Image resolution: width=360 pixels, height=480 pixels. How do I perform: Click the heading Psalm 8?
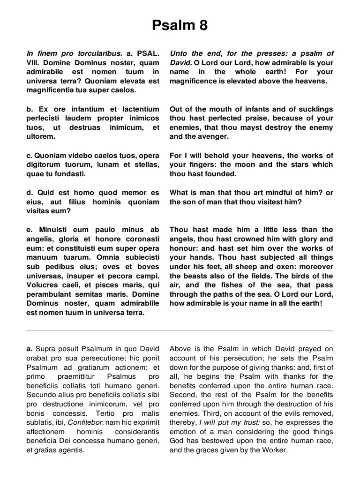coord(180,25)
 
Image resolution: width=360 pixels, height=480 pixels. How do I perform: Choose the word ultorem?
coord(41,136)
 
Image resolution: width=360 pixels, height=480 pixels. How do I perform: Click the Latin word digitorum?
coord(46,165)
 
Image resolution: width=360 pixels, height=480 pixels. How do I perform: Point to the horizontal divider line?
coord(180,331)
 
